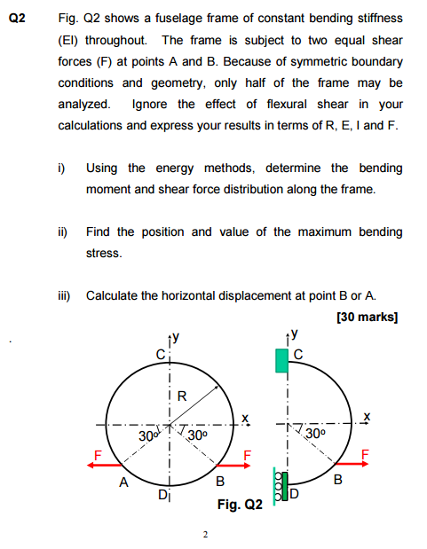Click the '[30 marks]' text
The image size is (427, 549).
[x=368, y=317]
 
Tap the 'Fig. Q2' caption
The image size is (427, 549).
[x=240, y=505]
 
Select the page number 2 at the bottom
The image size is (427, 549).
[x=205, y=535]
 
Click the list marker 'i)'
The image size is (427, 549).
[x=61, y=168]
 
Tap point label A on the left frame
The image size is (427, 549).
[x=124, y=483]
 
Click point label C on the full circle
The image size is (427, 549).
[x=160, y=356]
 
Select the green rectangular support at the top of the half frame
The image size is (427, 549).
[x=281, y=360]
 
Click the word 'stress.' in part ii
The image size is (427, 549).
[x=102, y=253]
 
